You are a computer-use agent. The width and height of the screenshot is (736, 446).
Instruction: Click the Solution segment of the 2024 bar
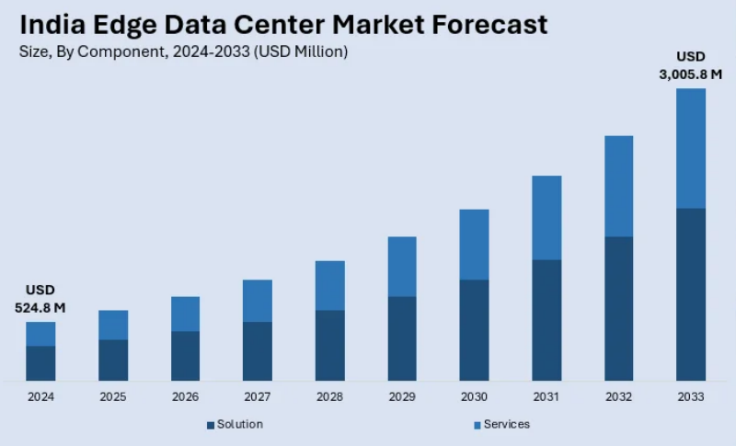[x=40, y=363]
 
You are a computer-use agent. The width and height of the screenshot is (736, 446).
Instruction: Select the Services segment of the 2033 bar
[x=691, y=148]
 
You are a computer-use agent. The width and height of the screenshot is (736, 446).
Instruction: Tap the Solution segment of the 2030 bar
[x=474, y=330]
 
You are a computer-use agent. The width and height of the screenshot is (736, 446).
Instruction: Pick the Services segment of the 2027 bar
[x=258, y=301]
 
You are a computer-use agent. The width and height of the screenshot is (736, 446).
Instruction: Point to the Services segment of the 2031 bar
[x=546, y=218]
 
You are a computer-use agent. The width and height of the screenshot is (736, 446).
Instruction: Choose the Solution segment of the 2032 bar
[x=618, y=308]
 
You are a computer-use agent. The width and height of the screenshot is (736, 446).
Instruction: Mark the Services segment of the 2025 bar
[x=113, y=325]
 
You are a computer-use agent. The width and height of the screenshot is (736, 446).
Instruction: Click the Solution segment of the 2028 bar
[x=329, y=345]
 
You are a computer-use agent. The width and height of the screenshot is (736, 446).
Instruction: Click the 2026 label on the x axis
[x=185, y=397]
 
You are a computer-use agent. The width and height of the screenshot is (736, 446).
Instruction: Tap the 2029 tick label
[x=402, y=397]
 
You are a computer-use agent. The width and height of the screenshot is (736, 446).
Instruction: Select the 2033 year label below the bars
[x=691, y=397]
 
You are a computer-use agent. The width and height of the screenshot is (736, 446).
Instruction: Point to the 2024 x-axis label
[x=40, y=397]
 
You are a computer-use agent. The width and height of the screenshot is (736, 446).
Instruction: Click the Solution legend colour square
[x=211, y=425]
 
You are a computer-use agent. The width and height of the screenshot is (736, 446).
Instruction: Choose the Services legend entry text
[x=507, y=424]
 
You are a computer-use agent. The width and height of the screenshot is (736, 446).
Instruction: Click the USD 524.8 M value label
[x=40, y=299]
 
